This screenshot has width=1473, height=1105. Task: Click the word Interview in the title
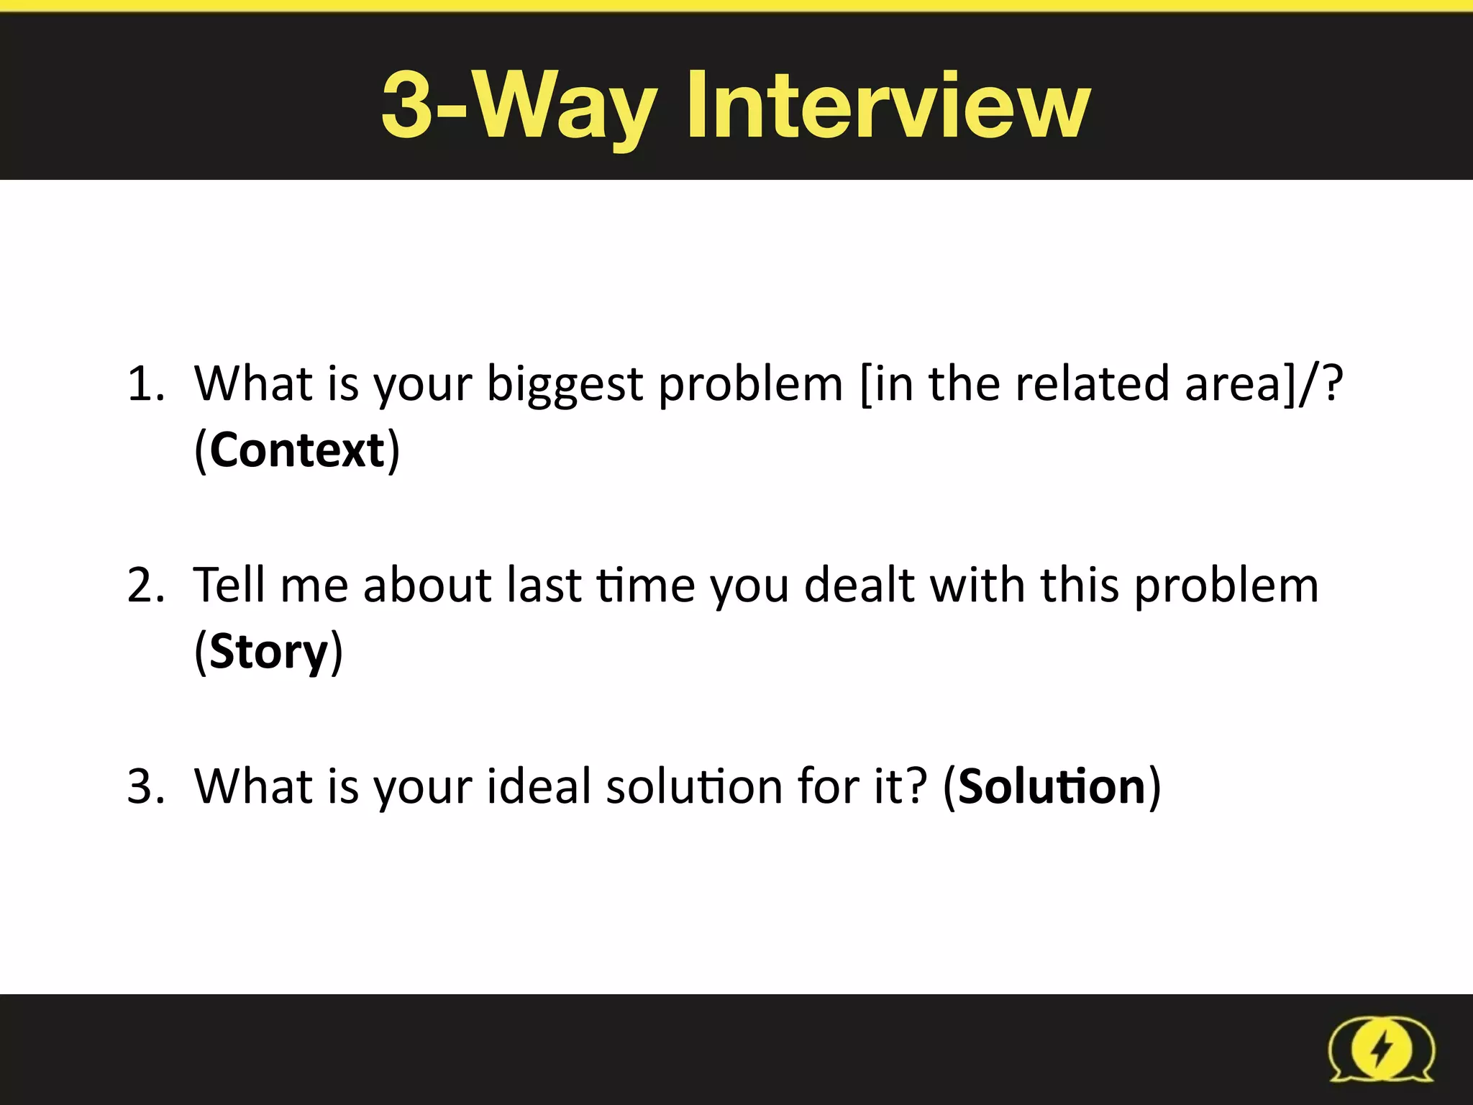click(888, 106)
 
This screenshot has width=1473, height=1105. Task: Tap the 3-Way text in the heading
click(518, 106)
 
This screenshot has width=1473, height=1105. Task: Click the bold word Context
click(297, 450)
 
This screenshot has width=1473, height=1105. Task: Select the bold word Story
click(268, 652)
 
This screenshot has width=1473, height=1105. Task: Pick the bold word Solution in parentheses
click(1052, 786)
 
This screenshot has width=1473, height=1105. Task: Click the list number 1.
click(144, 383)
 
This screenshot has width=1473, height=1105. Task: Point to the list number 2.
click(144, 584)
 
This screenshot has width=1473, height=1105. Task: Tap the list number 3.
click(144, 786)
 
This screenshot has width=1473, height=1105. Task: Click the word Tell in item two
click(229, 584)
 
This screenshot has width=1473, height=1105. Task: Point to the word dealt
click(859, 584)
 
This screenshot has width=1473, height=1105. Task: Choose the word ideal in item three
click(539, 786)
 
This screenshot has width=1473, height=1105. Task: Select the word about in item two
click(427, 584)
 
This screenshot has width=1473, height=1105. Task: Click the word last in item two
click(544, 584)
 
